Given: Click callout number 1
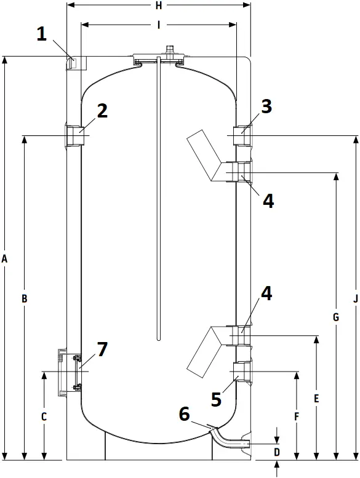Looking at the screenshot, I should point(41,34).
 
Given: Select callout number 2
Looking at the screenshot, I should point(102,111).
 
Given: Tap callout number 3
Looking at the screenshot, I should point(266,106).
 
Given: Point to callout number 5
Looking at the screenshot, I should point(216,399).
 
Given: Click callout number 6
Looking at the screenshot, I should point(184,414).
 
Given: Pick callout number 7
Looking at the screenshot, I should point(102,349).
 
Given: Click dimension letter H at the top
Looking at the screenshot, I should point(159,6).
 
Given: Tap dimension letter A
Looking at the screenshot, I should point(5,260).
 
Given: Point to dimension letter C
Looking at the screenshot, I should point(44,416).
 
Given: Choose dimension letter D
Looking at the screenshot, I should point(277,452).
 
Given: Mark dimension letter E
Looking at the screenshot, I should point(316,399).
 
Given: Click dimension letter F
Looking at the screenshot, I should point(296,416).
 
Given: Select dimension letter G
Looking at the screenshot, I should point(335,317).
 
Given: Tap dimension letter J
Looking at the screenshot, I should point(355,299).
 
